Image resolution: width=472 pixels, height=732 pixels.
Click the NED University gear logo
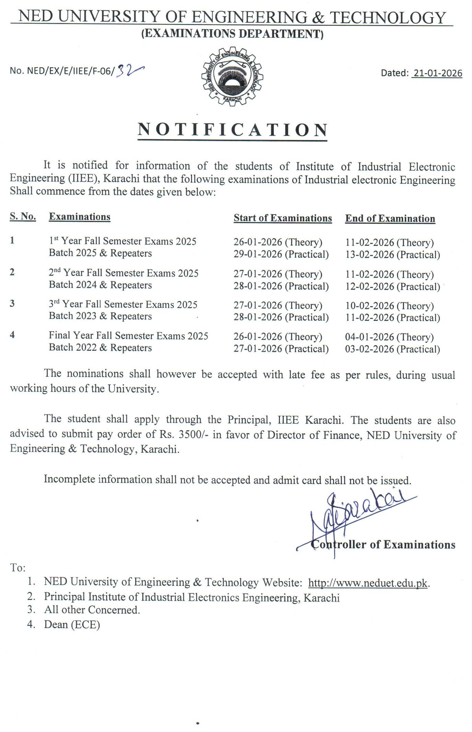(x=232, y=78)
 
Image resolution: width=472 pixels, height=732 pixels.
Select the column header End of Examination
(x=390, y=219)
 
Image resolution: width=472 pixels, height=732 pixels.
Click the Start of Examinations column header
(x=283, y=218)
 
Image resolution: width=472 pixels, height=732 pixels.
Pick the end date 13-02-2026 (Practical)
(x=392, y=255)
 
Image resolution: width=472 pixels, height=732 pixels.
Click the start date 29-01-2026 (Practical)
(x=281, y=254)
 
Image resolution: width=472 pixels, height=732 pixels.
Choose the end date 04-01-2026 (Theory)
(x=389, y=337)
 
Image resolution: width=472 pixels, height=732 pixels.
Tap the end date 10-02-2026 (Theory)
(x=389, y=306)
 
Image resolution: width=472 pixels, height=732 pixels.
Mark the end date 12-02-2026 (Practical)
(x=392, y=287)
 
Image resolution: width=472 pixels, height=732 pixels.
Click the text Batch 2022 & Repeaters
(x=100, y=348)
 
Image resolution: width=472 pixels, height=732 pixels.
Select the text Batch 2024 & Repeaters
(x=100, y=285)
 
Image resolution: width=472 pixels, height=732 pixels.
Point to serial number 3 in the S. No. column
(x=12, y=304)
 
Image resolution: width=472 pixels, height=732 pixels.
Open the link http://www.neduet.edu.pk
(x=368, y=583)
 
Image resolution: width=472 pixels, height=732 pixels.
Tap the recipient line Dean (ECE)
(x=72, y=625)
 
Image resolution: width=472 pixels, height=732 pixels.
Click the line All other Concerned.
(x=92, y=610)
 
